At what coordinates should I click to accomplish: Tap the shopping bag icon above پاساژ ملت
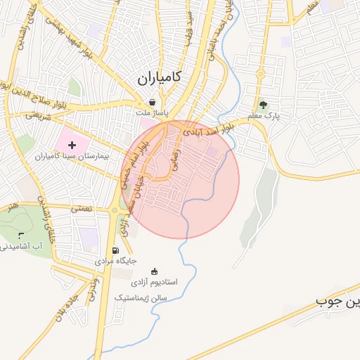152,102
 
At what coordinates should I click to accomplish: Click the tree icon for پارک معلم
263,105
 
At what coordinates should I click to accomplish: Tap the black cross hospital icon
72,144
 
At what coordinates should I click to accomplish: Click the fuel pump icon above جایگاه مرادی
115,250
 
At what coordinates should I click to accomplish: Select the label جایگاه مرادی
115,261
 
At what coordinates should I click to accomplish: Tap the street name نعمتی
82,209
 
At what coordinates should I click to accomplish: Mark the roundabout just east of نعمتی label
115,210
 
